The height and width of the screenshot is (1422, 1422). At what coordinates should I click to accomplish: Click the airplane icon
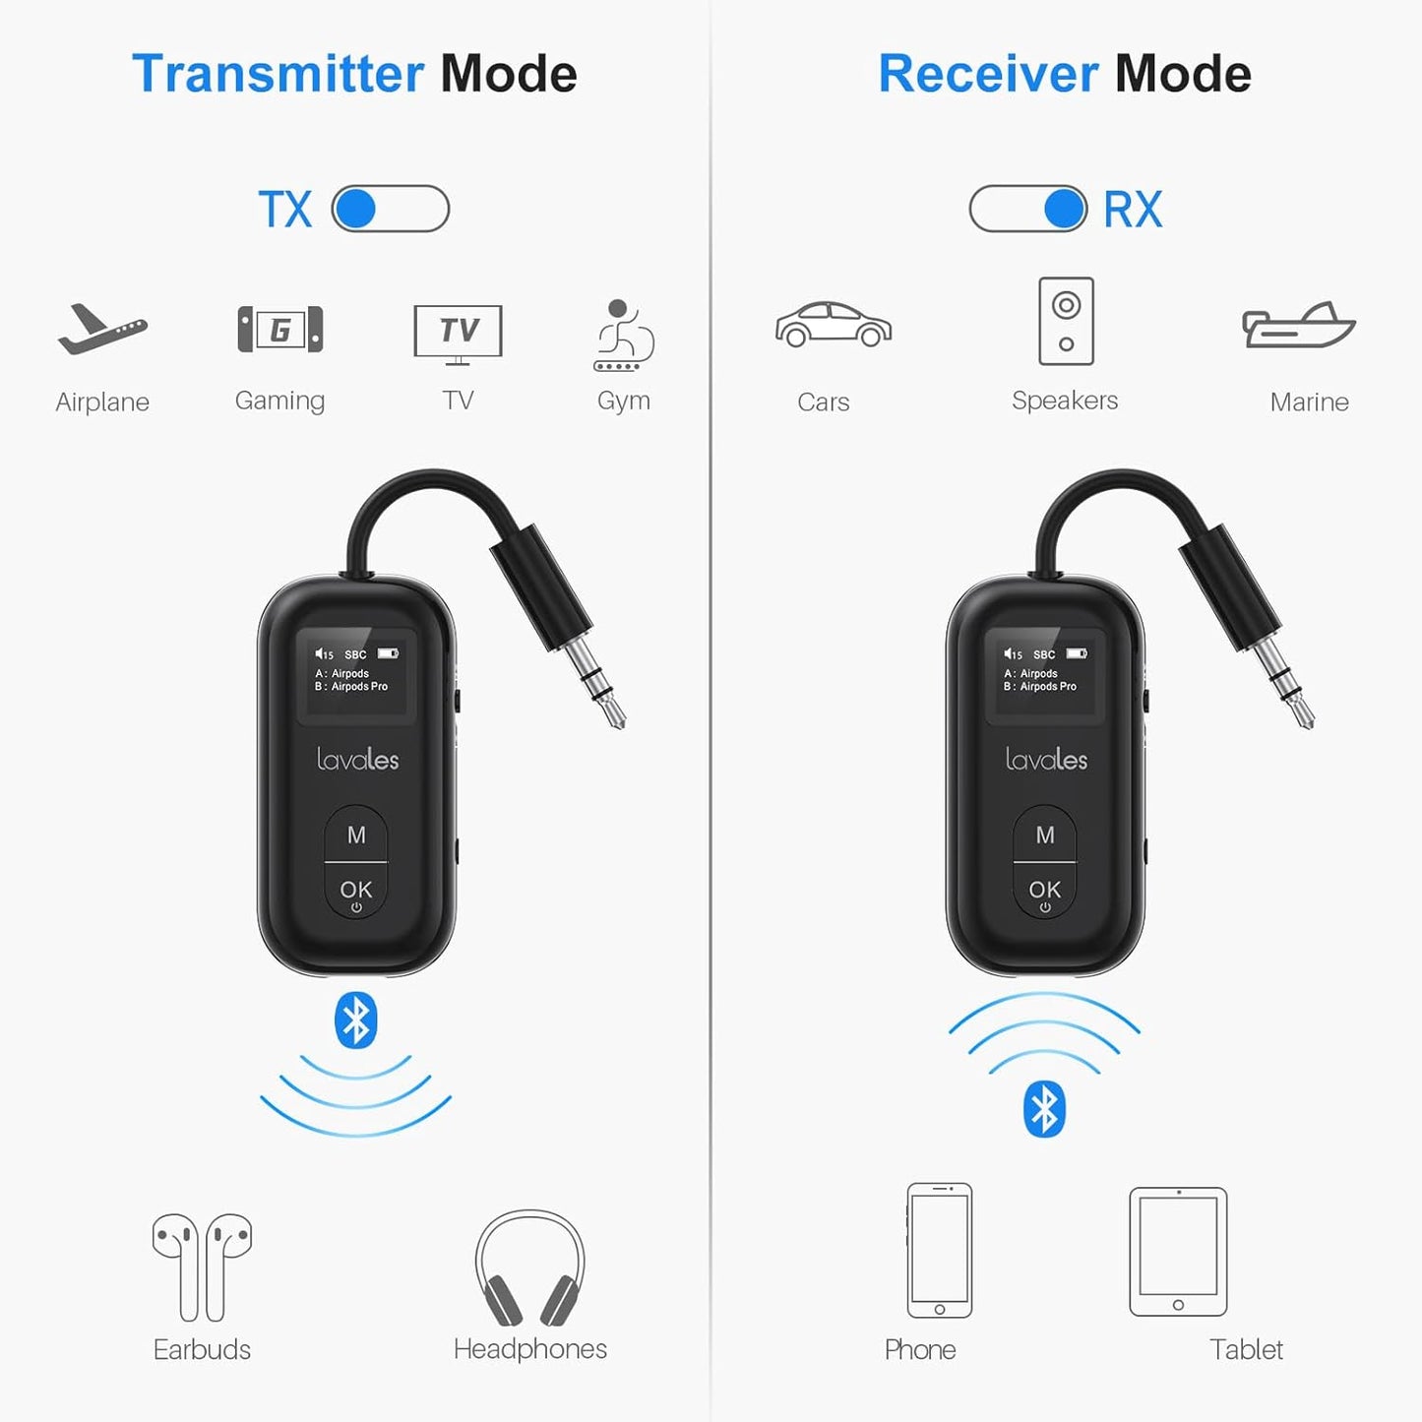coord(101,330)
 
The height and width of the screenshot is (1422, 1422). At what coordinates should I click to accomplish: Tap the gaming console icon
coord(280,330)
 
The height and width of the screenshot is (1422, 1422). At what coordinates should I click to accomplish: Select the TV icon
coord(458,333)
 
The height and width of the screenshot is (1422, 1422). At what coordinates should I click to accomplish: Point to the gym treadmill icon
coord(623,336)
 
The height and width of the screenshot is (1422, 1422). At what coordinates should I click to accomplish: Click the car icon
coord(833,325)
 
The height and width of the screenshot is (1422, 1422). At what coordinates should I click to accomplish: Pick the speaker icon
coord(1066,321)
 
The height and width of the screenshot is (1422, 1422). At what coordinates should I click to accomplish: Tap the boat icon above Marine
coord(1298,326)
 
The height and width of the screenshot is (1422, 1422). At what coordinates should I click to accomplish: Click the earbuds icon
coord(202,1267)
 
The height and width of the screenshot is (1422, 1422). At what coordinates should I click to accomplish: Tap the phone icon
coord(939,1250)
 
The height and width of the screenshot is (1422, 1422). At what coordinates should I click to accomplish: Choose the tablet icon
coord(1178,1251)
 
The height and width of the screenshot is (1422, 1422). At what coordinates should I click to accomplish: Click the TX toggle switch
coord(390,209)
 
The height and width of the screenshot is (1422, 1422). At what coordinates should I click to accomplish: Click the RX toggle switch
coord(1028,209)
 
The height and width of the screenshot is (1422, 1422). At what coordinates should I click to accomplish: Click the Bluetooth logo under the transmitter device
coord(355,1020)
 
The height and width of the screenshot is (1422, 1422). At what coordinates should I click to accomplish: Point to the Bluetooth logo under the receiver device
coord(1044,1109)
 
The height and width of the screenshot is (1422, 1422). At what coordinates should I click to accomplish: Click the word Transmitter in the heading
coord(278,74)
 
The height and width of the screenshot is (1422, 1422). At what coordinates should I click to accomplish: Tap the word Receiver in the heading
coord(987,74)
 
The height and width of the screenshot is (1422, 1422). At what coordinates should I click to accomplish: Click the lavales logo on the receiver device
coord(1046,759)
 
